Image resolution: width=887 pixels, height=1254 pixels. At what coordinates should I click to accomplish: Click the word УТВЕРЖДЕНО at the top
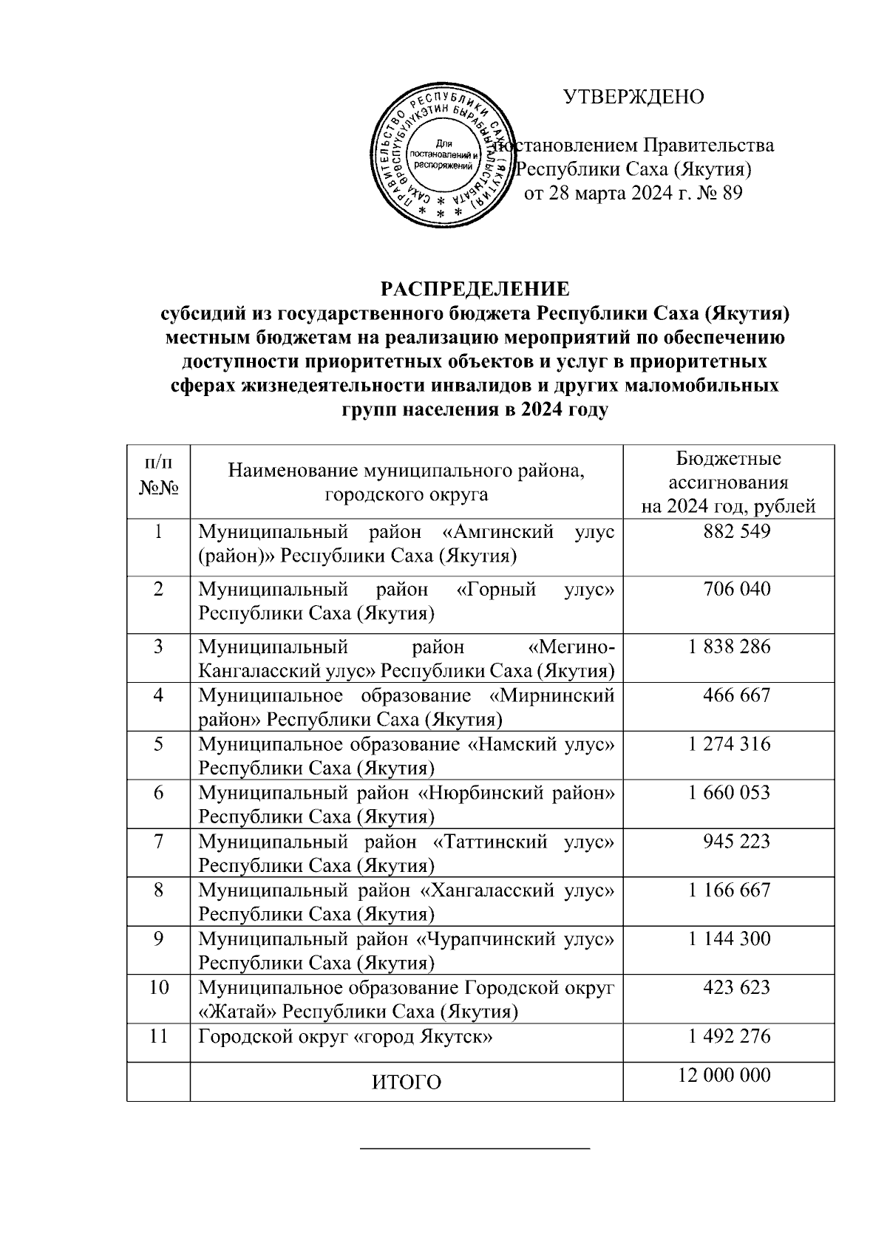(633, 97)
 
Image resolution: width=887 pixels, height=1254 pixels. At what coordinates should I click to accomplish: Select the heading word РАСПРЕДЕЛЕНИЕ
(475, 287)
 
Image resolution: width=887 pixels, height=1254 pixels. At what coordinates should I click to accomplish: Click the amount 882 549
(729, 531)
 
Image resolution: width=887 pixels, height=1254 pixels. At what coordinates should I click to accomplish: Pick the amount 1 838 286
(729, 647)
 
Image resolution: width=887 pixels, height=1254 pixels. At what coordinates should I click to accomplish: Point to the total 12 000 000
(724, 1074)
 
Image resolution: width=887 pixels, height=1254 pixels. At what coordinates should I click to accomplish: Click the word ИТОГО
(406, 1083)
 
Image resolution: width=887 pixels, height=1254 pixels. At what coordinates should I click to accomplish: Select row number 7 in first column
(158, 841)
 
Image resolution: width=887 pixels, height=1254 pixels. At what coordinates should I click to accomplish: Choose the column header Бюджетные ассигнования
(728, 482)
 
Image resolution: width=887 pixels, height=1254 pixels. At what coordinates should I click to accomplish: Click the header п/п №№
(158, 476)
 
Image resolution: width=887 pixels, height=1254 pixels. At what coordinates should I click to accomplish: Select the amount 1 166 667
(729, 890)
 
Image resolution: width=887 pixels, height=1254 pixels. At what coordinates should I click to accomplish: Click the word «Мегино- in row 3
(571, 647)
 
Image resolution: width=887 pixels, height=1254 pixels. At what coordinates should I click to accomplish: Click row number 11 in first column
(158, 1036)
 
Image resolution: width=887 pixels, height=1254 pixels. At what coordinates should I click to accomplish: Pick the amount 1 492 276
(729, 1036)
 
